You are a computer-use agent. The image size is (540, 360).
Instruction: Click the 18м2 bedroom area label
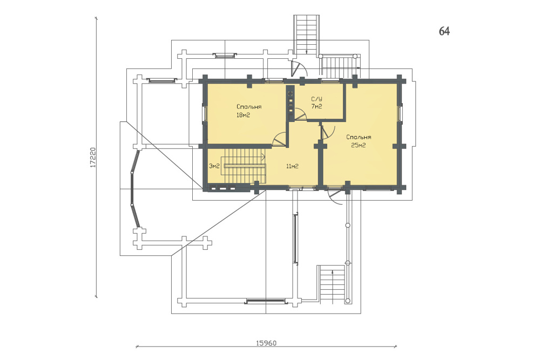point(243,116)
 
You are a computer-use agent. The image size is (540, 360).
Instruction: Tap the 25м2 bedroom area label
point(358,146)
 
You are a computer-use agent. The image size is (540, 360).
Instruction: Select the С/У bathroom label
point(316,99)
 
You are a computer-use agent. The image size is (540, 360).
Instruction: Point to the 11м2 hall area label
point(292,167)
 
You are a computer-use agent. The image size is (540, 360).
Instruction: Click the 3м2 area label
point(214,167)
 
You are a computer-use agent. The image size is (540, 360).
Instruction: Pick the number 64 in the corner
point(444,31)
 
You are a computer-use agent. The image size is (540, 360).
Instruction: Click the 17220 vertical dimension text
point(93,158)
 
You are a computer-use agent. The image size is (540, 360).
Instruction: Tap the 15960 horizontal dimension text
point(266,343)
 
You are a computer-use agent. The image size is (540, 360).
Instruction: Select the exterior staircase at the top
point(306,35)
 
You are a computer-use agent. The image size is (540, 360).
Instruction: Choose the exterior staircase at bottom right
point(332,284)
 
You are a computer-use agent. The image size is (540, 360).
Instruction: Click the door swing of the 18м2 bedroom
point(280,140)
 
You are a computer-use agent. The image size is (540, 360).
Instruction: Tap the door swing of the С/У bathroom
point(300,114)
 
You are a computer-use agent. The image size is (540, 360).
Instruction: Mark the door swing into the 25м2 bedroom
point(328,131)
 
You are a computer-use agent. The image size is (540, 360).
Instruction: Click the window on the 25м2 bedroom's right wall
point(401,113)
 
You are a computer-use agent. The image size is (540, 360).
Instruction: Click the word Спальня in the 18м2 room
point(249,107)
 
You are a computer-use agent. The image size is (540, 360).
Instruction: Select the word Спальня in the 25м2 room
point(359,137)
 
